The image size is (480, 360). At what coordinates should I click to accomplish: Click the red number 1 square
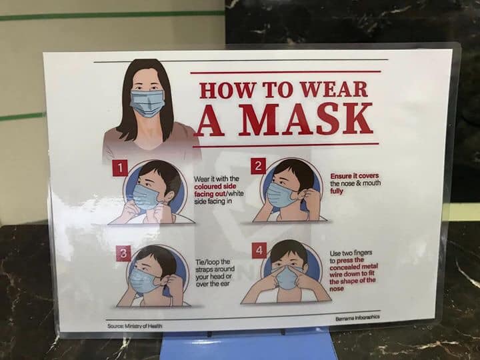pos(120,168)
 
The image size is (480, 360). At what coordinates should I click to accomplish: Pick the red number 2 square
pos(259,166)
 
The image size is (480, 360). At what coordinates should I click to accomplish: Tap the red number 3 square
pos(123,253)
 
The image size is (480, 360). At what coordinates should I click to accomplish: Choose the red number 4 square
pos(259,251)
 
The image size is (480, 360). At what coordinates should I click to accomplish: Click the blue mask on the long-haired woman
pos(147,103)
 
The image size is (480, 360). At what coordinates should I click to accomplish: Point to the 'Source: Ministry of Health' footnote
pos(135,326)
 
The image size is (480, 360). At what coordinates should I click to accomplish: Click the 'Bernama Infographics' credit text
pos(357,318)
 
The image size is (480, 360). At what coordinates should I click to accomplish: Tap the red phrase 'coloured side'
pos(215,187)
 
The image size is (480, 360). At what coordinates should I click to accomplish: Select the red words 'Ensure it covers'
pos(355,176)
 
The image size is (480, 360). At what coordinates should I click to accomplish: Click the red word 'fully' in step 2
pos(337,191)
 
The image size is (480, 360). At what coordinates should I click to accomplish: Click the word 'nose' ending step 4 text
pos(337,289)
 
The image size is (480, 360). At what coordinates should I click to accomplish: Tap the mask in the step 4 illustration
pos(287,277)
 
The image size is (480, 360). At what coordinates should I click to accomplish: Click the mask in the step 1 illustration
pos(145,197)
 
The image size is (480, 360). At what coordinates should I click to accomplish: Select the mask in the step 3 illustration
pos(144,281)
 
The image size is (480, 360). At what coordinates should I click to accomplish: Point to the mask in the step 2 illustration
pos(281,195)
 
